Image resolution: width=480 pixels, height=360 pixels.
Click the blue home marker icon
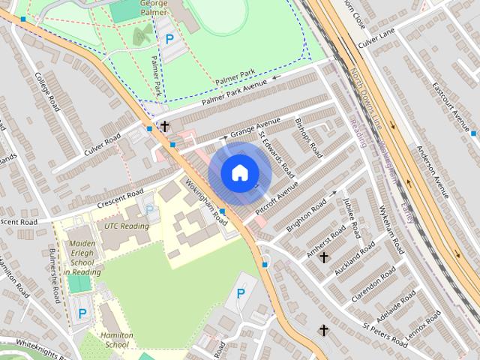[238, 172]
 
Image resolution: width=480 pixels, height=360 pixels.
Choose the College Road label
[47, 92]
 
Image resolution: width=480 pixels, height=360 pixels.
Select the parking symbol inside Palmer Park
[169, 38]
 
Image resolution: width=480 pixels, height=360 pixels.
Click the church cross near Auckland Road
[324, 257]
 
